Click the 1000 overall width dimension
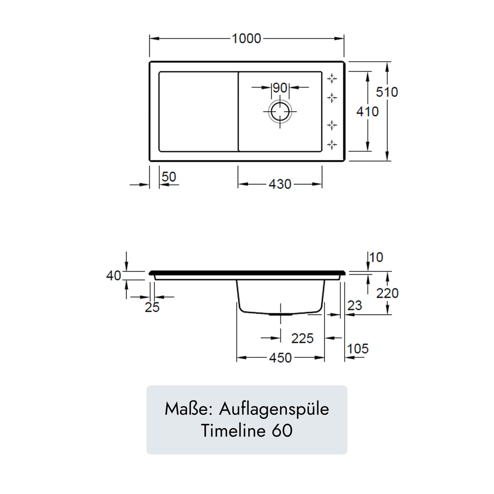pyautogui.click(x=246, y=39)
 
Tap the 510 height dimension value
pyautogui.click(x=387, y=92)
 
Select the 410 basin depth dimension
pyautogui.click(x=367, y=112)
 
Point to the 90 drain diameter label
pyautogui.click(x=280, y=88)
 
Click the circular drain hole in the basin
pyautogui.click(x=280, y=112)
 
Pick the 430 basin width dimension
pyautogui.click(x=280, y=184)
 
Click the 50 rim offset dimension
pyautogui.click(x=169, y=177)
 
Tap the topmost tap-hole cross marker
pyautogui.click(x=332, y=79)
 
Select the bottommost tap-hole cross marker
pyautogui.click(x=332, y=145)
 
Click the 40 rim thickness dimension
pyautogui.click(x=113, y=275)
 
